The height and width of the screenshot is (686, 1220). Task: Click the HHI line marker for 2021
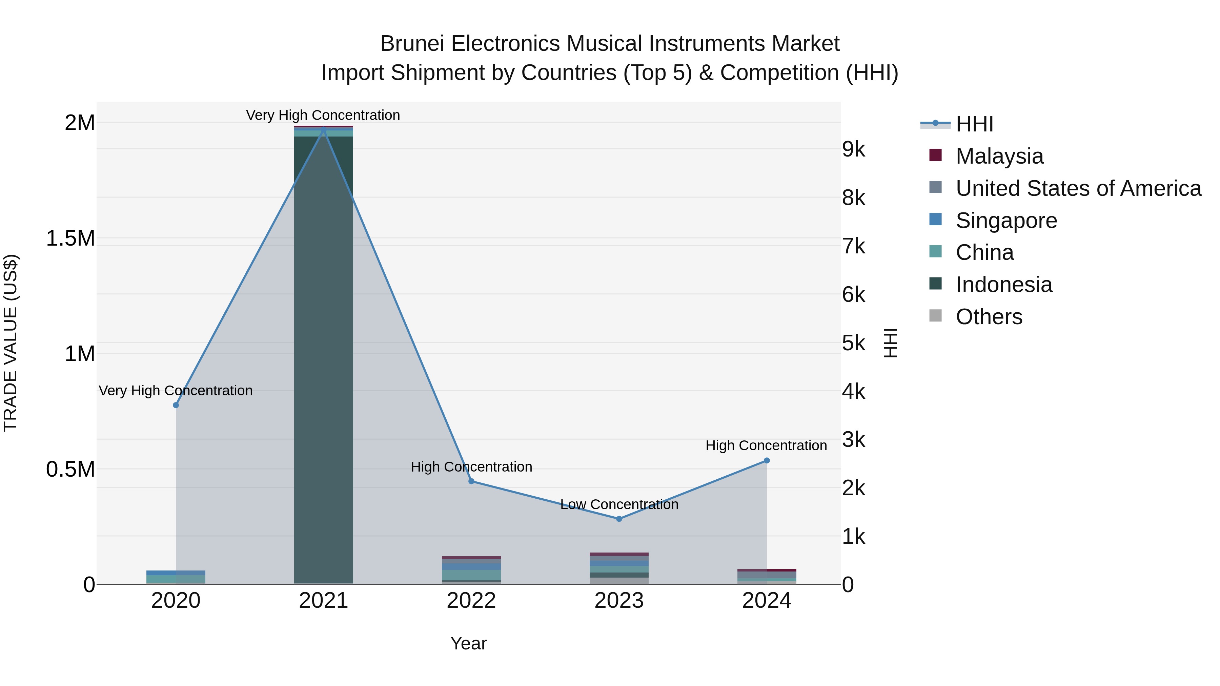click(324, 129)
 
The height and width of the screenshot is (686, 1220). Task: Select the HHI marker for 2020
click(176, 405)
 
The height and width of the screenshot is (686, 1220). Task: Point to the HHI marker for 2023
click(619, 519)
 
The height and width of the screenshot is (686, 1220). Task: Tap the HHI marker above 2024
click(767, 461)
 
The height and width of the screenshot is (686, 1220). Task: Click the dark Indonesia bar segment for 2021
click(324, 360)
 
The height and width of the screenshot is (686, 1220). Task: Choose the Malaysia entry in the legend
click(999, 156)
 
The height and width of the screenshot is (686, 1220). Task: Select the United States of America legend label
click(1078, 188)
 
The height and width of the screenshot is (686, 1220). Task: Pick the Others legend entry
click(989, 317)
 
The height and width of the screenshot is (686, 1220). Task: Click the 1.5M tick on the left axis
click(70, 238)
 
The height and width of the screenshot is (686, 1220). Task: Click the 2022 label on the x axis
click(471, 601)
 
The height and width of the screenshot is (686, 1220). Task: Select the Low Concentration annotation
click(619, 505)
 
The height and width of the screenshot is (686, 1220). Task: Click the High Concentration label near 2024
click(766, 445)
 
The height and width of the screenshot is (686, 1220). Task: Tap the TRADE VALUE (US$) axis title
click(11, 343)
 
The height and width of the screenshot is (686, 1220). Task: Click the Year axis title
click(468, 643)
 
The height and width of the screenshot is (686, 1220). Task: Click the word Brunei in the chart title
click(412, 44)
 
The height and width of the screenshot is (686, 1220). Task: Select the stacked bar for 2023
click(619, 568)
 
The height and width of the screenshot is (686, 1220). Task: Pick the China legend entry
click(984, 253)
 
